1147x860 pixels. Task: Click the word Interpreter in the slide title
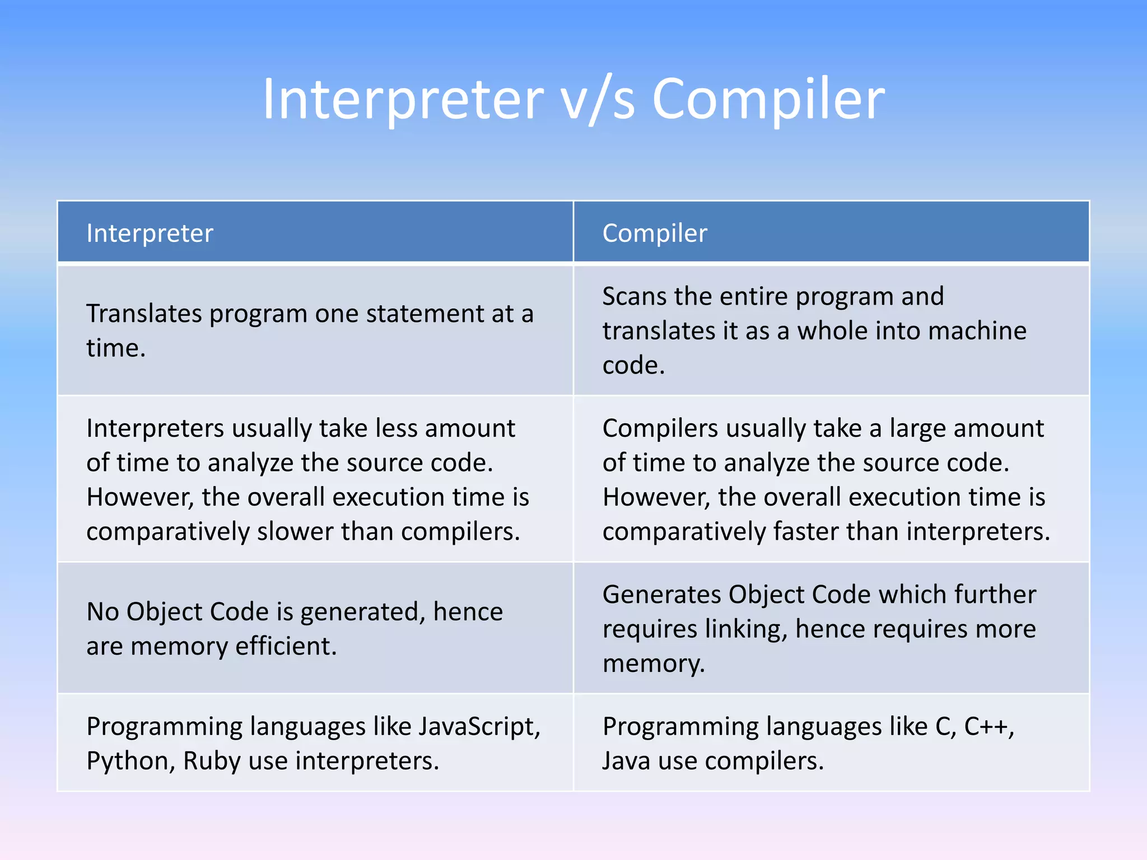tap(403, 100)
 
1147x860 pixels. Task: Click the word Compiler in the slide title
tap(768, 100)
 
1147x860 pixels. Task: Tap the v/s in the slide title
tap(598, 100)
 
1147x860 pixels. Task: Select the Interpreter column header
tap(150, 233)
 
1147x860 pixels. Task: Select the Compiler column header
tap(655, 233)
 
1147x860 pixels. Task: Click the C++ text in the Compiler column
tap(989, 727)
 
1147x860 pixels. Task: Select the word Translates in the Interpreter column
tap(144, 314)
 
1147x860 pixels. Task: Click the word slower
tap(295, 531)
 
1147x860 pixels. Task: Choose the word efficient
tap(286, 646)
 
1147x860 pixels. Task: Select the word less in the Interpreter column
tap(397, 428)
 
